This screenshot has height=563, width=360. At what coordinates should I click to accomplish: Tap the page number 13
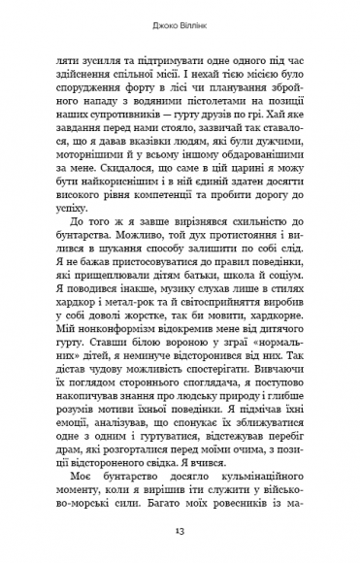click(180, 533)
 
